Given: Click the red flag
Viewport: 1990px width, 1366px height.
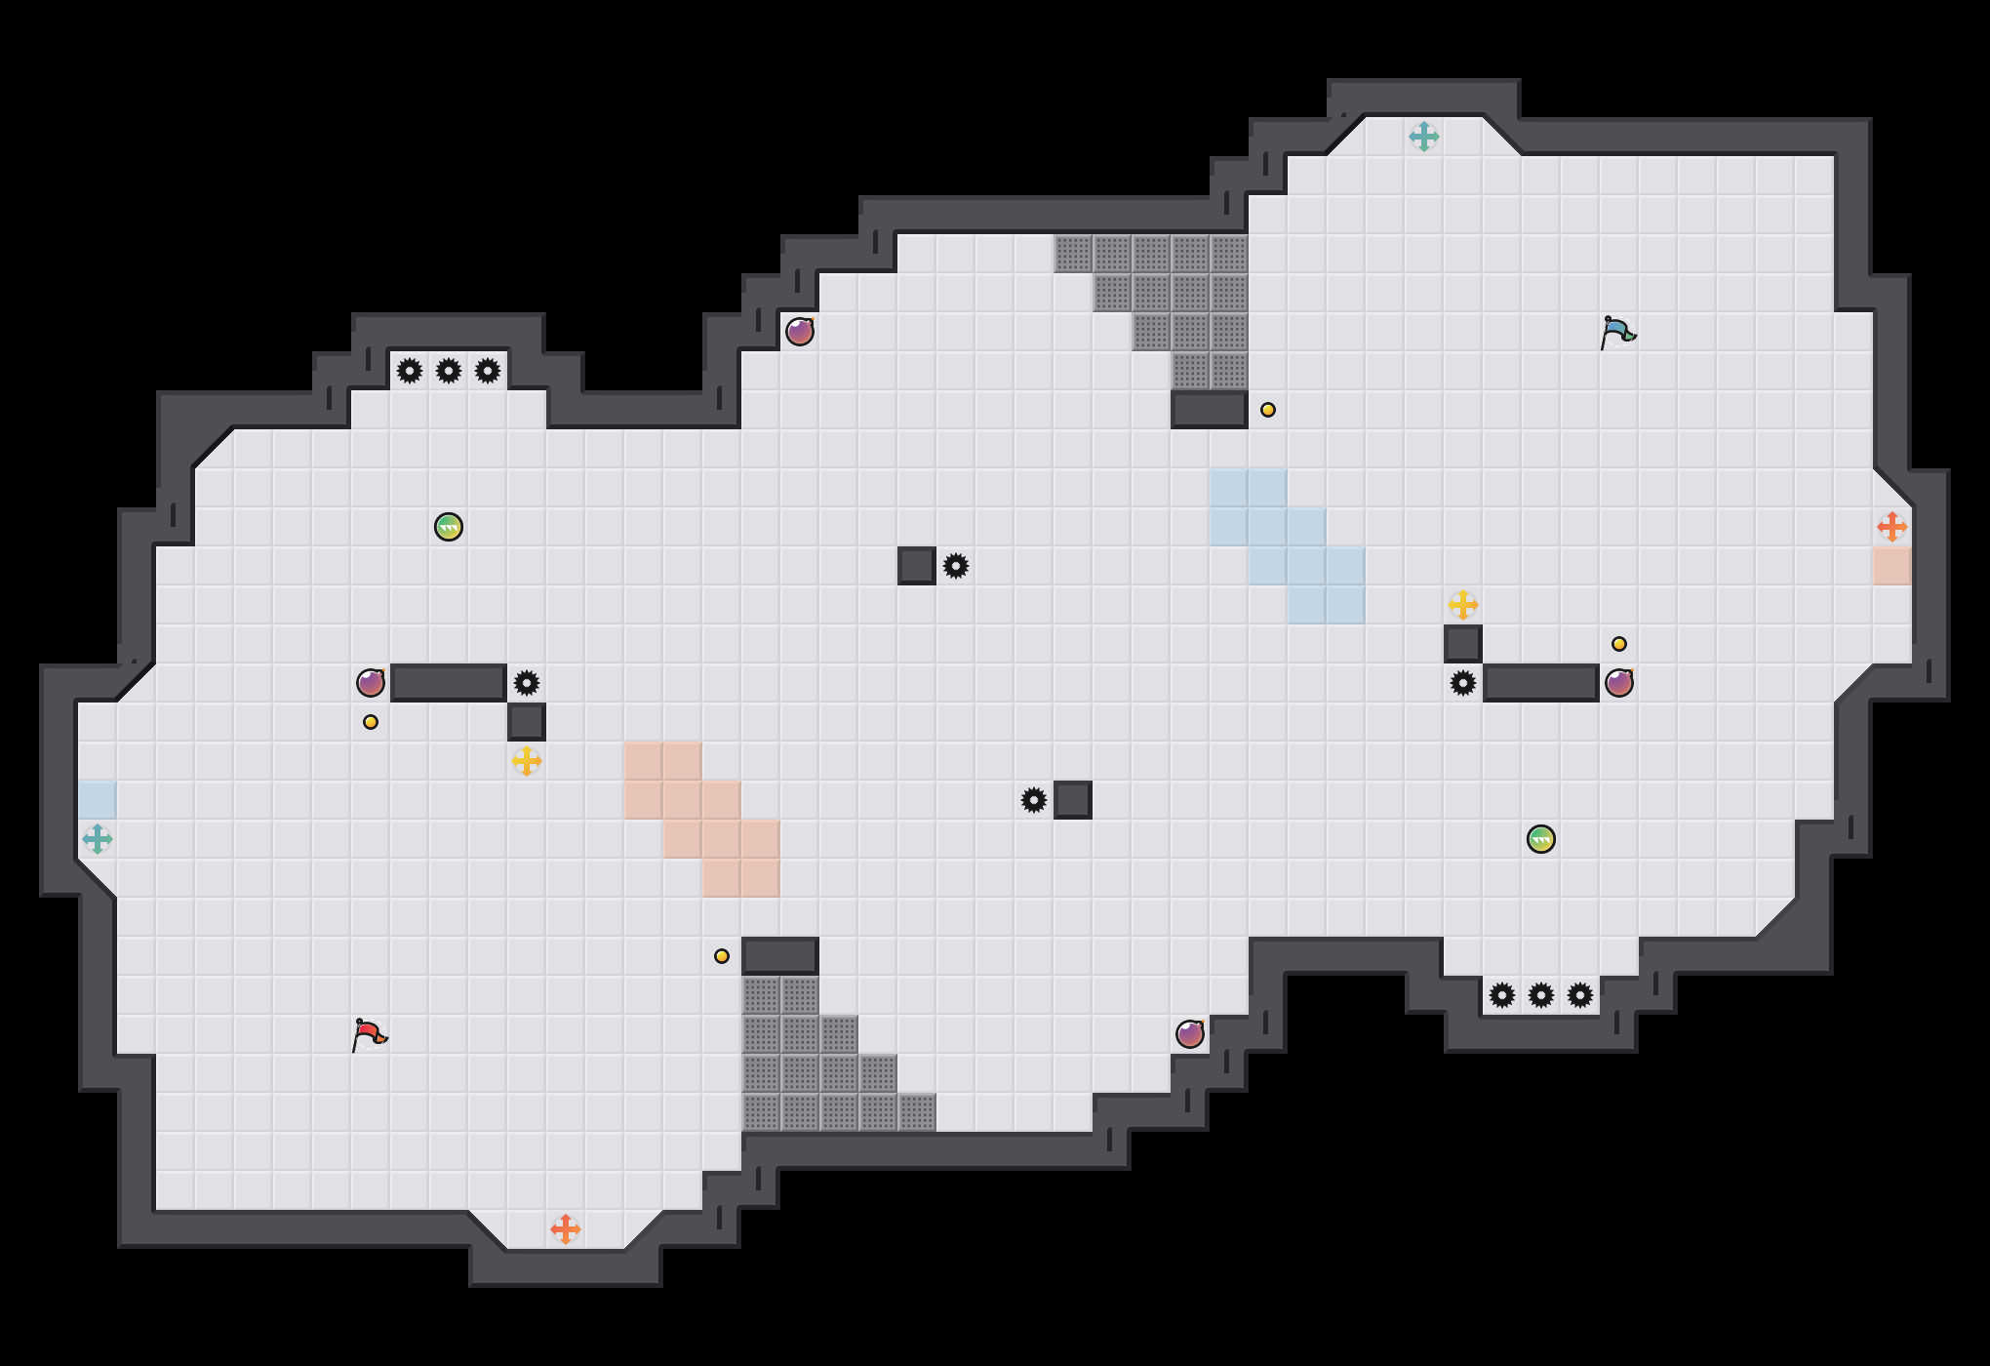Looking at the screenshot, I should coord(369,1034).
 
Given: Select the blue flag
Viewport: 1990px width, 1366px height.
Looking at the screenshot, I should coord(1617,332).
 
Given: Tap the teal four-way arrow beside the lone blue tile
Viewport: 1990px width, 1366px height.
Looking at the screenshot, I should coord(98,839).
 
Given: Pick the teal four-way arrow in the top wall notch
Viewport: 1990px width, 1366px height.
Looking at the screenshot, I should coord(1424,137).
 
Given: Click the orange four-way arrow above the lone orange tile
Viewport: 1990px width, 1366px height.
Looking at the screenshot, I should coord(1892,527).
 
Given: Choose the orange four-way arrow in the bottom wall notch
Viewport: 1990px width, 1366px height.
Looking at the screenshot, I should coord(566,1229).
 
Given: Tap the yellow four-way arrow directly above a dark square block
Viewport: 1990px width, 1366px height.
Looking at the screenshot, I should coord(1463,605).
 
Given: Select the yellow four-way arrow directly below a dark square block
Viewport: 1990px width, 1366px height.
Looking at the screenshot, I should coord(527,761).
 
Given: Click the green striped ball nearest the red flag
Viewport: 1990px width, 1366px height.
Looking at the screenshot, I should coord(449,527).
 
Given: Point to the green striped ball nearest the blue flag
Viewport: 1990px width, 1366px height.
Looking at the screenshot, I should coord(1541,839).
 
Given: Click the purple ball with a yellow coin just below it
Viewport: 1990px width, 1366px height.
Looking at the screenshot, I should coord(371,683).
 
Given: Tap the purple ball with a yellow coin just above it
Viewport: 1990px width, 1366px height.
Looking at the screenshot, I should coord(1619,683).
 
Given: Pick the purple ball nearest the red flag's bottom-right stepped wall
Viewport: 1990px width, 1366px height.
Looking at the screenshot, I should coord(1190,1034).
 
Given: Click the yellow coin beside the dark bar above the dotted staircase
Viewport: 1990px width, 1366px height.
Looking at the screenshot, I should coord(722,956).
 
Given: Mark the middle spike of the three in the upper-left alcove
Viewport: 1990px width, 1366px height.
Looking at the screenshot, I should coord(449,371).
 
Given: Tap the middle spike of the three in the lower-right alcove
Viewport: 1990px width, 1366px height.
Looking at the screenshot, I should coord(1541,995).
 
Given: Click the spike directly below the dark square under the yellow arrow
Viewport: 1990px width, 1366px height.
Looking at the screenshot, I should coord(1463,683).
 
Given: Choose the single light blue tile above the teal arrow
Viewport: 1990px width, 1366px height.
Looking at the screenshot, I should coord(98,800).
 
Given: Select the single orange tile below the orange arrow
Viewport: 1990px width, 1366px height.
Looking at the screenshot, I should coord(1892,566).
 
